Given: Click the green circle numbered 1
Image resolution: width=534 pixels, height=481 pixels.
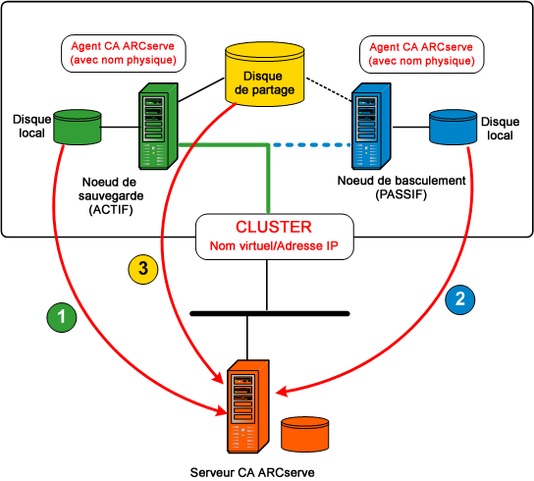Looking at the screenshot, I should tap(63, 317).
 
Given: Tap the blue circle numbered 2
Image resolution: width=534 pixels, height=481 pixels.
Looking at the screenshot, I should tap(460, 297).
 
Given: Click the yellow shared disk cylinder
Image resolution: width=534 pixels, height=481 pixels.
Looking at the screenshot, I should tap(264, 74).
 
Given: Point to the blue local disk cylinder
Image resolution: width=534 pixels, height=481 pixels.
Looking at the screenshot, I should tap(454, 127).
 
